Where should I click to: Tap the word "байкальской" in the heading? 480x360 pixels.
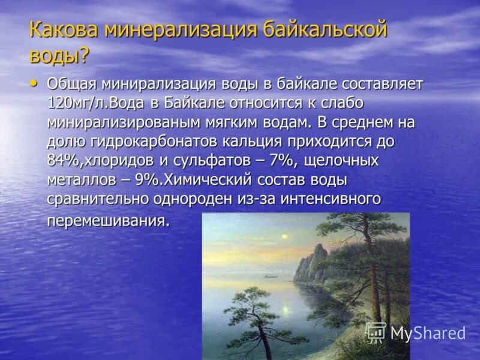[325, 29]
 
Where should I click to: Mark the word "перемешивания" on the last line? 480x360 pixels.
[106, 220]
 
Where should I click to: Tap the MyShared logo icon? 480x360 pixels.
[376, 332]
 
